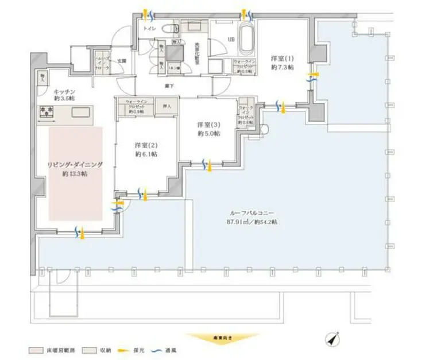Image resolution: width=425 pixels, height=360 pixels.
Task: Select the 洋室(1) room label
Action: pos(283,62)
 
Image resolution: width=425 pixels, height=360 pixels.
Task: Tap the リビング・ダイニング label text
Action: pos(75,168)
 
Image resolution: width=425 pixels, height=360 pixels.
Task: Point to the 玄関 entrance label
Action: pos(122,60)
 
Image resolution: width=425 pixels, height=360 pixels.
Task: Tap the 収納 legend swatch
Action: pos(87,349)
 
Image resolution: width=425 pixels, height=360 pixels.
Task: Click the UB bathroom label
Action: pos(232,39)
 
